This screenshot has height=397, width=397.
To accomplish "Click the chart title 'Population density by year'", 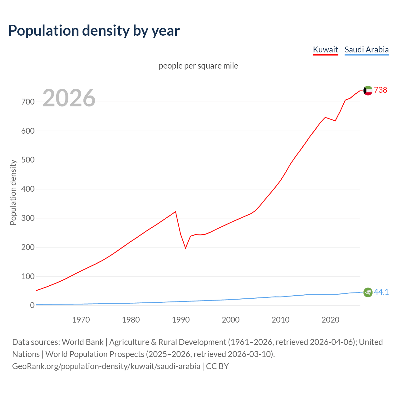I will point(94,30).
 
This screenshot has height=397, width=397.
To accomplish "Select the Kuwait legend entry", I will point(325,50).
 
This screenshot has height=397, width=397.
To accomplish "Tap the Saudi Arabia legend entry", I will point(367,50).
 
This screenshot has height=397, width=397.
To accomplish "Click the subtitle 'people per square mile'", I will point(198,66).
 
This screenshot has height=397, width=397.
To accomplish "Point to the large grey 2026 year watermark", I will point(69,98).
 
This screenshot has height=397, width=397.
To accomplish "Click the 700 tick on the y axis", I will point(28,102).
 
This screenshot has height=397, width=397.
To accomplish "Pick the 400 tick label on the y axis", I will point(28,189).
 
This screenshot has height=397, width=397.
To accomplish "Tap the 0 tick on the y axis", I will point(32,305).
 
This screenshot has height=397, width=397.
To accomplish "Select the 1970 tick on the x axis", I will point(81,319).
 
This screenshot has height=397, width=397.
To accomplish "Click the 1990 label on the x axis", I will point(181,319).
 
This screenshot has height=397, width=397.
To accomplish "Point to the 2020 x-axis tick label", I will point(330,319).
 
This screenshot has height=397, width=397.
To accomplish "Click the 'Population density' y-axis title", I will point(13,192).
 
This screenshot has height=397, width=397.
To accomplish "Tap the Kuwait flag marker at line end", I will point(368,91).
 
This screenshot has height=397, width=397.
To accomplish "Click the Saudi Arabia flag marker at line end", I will point(368,292).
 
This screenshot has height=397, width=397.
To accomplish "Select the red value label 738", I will point(381,90).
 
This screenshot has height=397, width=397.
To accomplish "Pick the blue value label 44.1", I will point(381,292).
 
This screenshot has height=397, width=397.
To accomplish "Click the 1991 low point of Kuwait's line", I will point(185,248).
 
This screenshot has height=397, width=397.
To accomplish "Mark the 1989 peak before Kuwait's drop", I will point(176,212).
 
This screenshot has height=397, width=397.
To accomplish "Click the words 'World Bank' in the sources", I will point(83,342).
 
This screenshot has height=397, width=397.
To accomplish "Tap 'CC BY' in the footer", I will point(217,366).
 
